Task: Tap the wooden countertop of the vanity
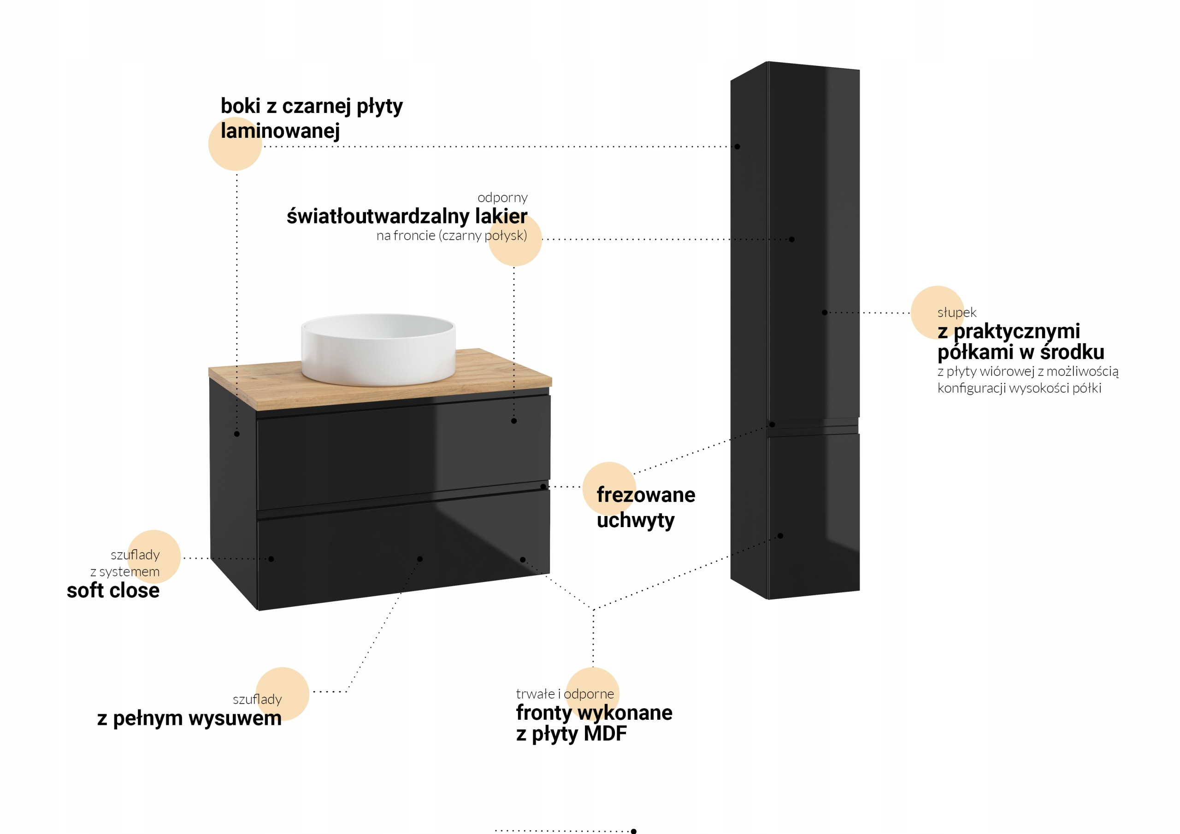click(x=504, y=375)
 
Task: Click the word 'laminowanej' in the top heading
click(x=280, y=131)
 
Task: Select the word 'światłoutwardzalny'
click(x=378, y=217)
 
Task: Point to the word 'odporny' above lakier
click(x=502, y=198)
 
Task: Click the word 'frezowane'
click(x=645, y=495)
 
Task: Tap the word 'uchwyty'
click(x=635, y=520)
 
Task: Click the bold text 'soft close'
click(x=113, y=590)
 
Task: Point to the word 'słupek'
click(x=956, y=312)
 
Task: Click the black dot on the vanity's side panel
click(x=236, y=434)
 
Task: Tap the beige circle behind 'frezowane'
click(x=609, y=488)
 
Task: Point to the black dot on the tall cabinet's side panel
click(x=737, y=147)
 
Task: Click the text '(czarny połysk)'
click(x=483, y=236)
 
